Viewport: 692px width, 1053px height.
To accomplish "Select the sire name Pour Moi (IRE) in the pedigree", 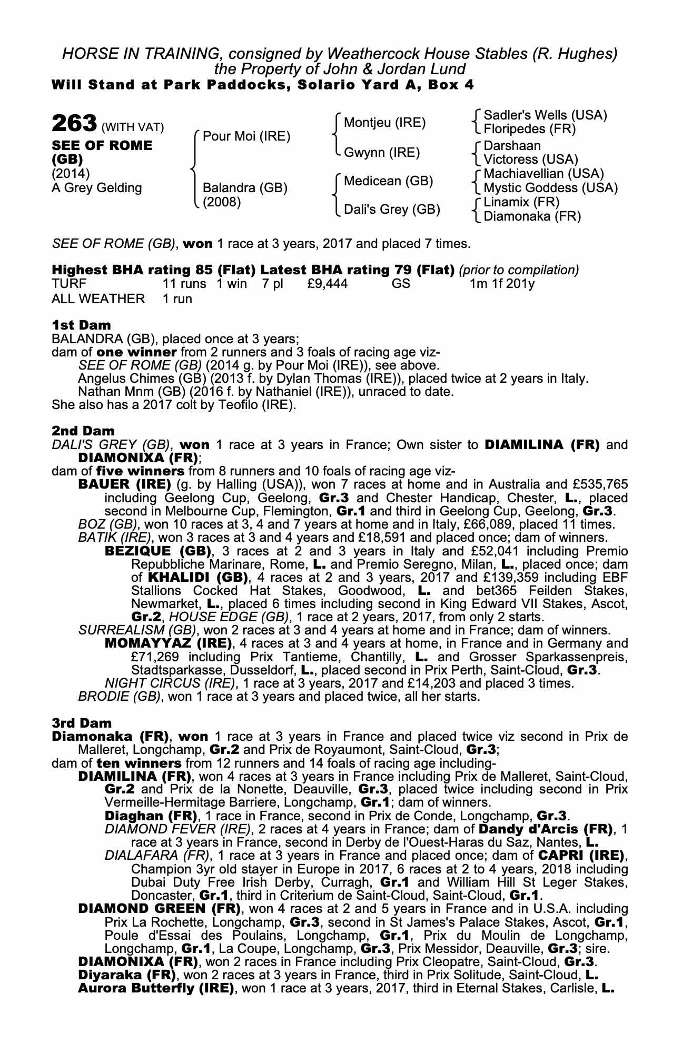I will coord(246,136).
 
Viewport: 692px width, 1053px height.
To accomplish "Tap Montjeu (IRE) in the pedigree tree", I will coord(384,123).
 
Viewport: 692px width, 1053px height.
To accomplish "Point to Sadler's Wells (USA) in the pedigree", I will coord(545,115).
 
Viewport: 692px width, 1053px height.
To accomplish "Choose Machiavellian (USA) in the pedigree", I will coord(543,174).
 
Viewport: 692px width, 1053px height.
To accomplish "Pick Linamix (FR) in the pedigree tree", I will coord(521,202).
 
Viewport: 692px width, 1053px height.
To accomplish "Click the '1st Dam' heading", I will coord(81,325).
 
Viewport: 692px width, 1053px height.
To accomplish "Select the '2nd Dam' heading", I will coord(83,431).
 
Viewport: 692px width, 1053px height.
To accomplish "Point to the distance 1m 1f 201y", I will coord(502,284).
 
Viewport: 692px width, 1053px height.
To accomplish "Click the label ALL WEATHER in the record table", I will coord(98,299).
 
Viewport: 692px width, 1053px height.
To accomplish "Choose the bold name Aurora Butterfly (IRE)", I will coord(156,988).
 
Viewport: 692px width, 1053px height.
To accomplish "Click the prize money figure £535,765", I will coord(599,484).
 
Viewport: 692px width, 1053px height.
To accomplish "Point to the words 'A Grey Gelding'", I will coord(97,187).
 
